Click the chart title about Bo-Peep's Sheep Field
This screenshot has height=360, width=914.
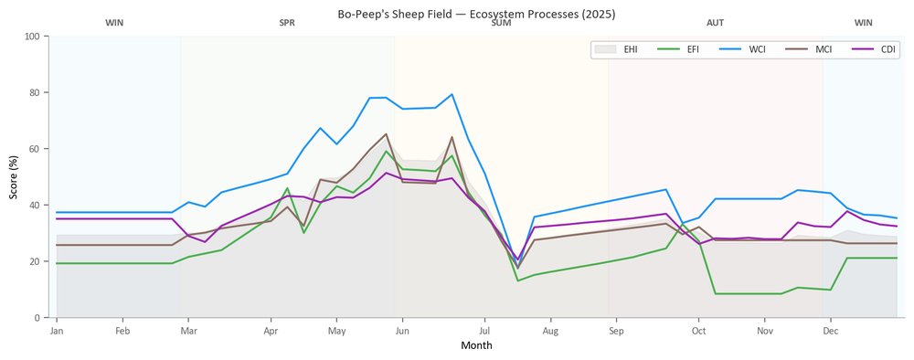(x=476, y=14)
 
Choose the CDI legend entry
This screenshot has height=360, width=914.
(x=875, y=49)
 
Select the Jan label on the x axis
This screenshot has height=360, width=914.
(x=57, y=332)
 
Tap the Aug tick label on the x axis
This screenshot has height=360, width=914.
(x=550, y=332)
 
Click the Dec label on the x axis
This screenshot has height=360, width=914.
(x=831, y=332)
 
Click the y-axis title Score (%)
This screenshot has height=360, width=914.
(x=14, y=177)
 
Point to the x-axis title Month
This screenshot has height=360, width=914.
(x=476, y=345)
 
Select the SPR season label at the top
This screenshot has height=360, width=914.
(x=287, y=24)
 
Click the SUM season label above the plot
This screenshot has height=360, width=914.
(x=501, y=24)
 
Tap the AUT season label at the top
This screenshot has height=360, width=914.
(x=716, y=24)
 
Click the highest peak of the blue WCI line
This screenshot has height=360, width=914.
(x=452, y=94)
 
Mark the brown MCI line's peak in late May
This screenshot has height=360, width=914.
(x=386, y=134)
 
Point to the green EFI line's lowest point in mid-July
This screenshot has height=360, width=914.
(x=517, y=281)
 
